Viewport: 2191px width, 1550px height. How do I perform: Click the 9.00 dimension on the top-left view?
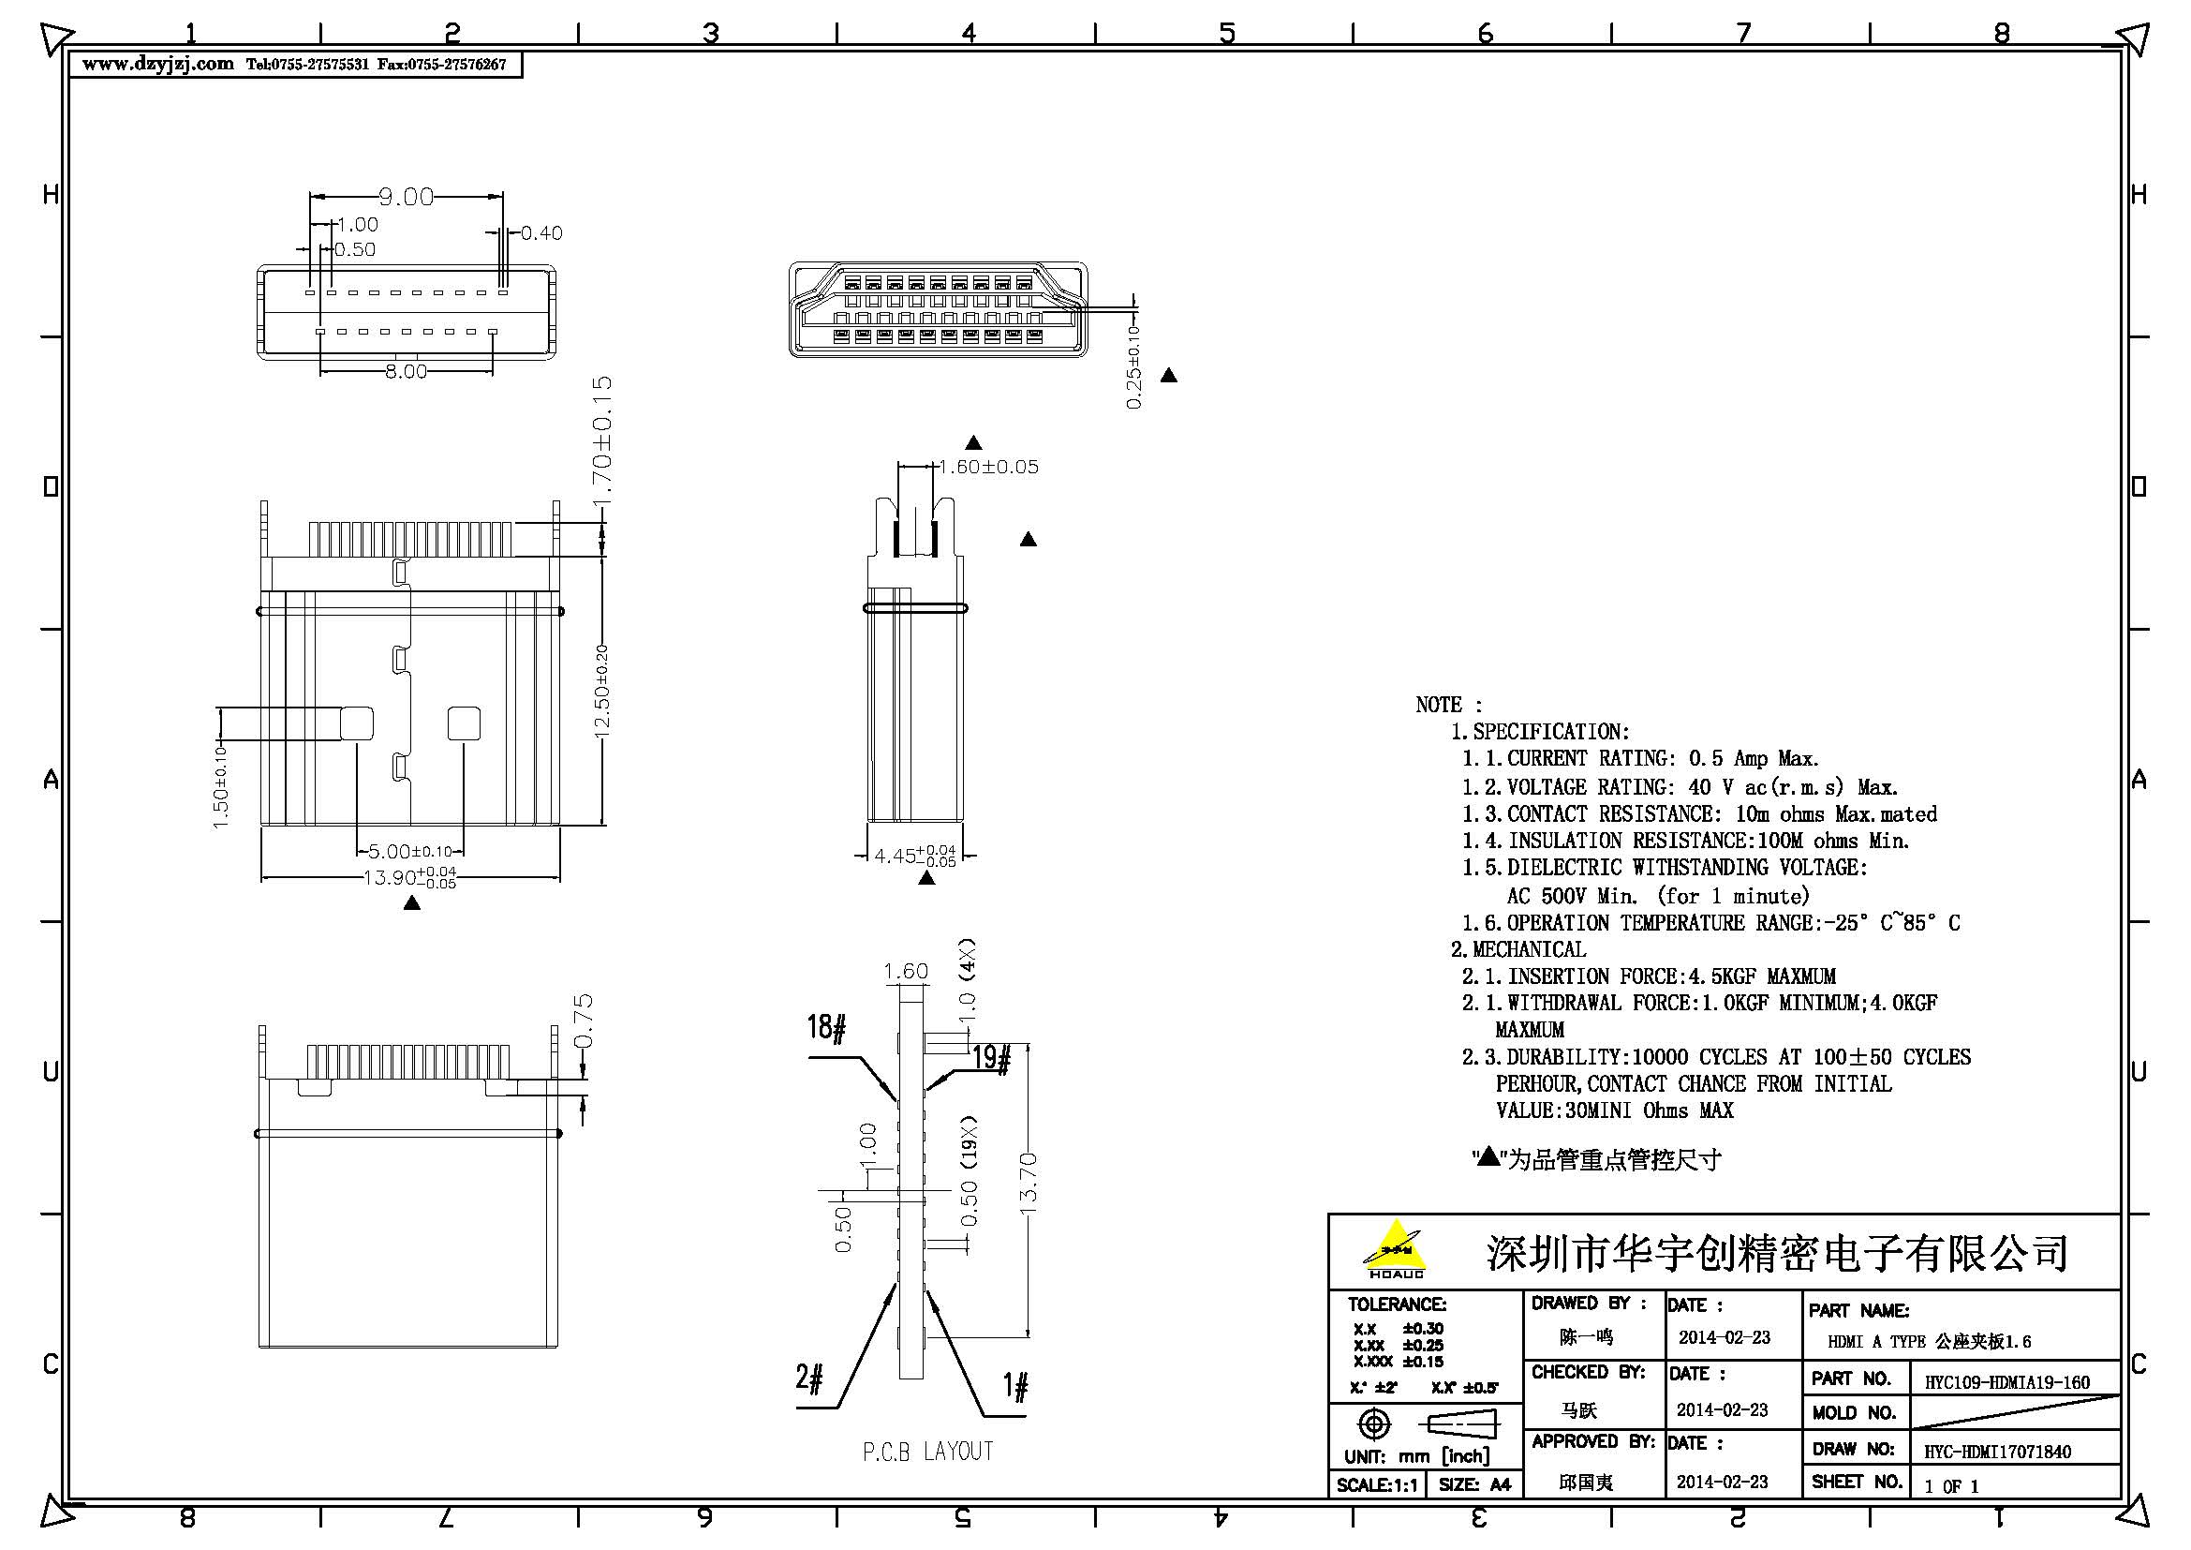pyautogui.click(x=406, y=197)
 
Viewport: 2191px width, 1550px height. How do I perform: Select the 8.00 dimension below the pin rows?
pyautogui.click(x=406, y=371)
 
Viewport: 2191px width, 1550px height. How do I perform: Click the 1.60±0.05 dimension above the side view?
pyautogui.click(x=988, y=467)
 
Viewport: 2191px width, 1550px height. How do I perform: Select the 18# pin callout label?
pyautogui.click(x=826, y=1028)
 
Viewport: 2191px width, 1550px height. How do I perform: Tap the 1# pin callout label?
pyautogui.click(x=1015, y=1386)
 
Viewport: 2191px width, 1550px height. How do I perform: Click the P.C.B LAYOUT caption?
pyautogui.click(x=927, y=1452)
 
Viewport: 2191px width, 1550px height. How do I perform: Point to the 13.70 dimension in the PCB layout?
pyautogui.click(x=1029, y=1184)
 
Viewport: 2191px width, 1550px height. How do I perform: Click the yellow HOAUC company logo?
pyautogui.click(x=1395, y=1248)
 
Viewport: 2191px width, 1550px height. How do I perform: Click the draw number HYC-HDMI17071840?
pyautogui.click(x=1997, y=1452)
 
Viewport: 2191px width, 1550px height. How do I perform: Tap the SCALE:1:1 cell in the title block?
pyautogui.click(x=1377, y=1485)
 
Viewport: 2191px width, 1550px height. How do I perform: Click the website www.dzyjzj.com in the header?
pyautogui.click(x=157, y=64)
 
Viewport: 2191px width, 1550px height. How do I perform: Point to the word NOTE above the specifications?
pyautogui.click(x=1439, y=706)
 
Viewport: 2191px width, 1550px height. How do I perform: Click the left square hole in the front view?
pyautogui.click(x=357, y=723)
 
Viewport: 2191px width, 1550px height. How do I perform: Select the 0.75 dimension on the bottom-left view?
pyautogui.click(x=585, y=1021)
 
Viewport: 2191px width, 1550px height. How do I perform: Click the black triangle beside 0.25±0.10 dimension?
pyautogui.click(x=1168, y=376)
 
